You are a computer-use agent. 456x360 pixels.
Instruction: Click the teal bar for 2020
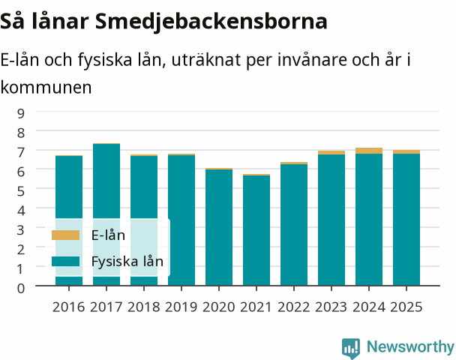point(219,227)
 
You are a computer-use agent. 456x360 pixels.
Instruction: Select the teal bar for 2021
point(256,230)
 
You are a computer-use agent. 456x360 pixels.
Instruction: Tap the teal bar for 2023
point(331,220)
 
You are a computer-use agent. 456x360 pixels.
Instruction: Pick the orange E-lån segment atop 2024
point(369,151)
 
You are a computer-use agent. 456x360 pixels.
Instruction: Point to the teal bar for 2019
point(181,220)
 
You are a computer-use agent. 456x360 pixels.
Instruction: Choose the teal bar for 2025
point(406,220)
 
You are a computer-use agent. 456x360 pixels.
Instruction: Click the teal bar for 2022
point(294,225)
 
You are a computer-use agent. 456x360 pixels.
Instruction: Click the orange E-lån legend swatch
point(65,235)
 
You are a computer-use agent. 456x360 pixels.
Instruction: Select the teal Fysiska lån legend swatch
point(65,261)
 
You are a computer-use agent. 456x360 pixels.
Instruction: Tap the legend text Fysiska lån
point(127,261)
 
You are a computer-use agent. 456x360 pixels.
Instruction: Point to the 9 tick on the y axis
point(21,113)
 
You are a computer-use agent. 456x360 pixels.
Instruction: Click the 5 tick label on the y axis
point(21,190)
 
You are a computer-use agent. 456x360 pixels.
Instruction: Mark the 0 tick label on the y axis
point(21,288)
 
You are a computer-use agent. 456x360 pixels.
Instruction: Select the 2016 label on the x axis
point(69,307)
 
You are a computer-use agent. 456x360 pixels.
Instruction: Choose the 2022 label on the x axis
point(294,307)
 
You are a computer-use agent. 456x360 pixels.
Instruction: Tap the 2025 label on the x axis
point(406,307)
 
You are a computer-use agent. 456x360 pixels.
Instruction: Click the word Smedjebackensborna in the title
point(211,22)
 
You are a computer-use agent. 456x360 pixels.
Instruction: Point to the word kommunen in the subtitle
point(46,87)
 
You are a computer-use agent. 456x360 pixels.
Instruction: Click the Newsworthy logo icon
point(351,348)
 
